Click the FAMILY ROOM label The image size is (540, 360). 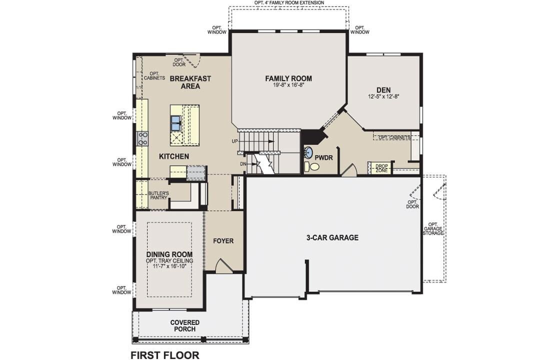pos(288,78)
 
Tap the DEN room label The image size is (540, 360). pos(384,90)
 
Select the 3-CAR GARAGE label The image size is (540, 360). pos(332,238)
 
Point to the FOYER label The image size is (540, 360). pos(223,241)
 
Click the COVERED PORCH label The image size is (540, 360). pos(184,325)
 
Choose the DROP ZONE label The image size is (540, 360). pos(381,168)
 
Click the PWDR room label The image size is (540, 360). pos(323,157)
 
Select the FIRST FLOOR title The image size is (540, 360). pos(164,355)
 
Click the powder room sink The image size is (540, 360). pos(309,152)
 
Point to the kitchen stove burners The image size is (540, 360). pos(143,138)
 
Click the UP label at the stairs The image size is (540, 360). pos(234,141)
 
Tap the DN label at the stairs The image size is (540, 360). pos(242,163)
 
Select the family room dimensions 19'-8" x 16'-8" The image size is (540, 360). pos(288,85)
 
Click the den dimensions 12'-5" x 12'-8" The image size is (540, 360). pos(384,96)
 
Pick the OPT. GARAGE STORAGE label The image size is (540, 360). pos(433,228)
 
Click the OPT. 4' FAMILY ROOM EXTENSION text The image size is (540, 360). pos(289,2)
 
